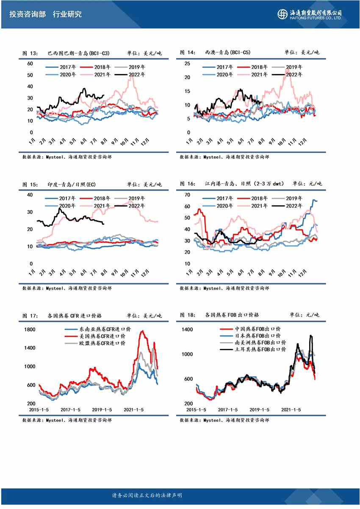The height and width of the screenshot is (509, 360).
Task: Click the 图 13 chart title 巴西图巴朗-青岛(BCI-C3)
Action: (78, 53)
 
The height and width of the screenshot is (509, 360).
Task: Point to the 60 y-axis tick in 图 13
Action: (30, 64)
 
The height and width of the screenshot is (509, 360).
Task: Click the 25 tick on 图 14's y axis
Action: (187, 64)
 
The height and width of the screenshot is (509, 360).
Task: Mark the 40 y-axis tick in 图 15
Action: (30, 195)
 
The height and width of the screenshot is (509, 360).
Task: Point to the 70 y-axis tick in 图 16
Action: (187, 195)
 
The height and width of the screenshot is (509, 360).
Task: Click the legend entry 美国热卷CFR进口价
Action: (102, 336)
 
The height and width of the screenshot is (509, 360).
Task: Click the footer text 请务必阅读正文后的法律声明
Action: (147, 495)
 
